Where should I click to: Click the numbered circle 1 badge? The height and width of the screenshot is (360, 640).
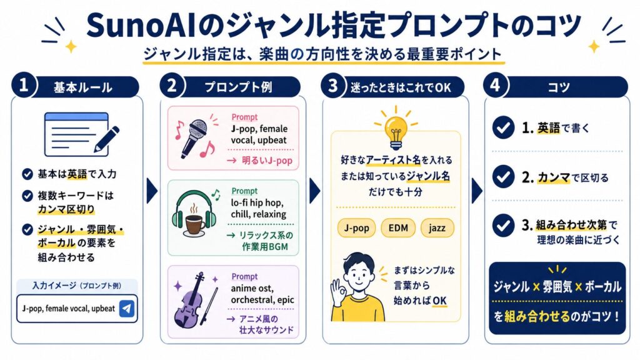pyautogui.click(x=24, y=85)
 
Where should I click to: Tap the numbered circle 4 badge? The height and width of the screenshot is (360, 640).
pyautogui.click(x=495, y=85)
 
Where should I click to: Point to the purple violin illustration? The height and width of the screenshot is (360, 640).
pyautogui.click(x=194, y=301)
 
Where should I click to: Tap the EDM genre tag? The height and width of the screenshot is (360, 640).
pyautogui.click(x=398, y=227)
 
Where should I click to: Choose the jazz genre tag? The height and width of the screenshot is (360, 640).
pyautogui.click(x=437, y=227)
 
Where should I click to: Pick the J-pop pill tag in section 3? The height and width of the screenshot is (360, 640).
pyautogui.click(x=356, y=227)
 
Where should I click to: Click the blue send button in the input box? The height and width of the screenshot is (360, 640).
pyautogui.click(x=127, y=309)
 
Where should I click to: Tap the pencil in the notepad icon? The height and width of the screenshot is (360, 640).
pyautogui.click(x=107, y=139)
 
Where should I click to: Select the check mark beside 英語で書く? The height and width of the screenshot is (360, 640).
pyautogui.click(x=503, y=127)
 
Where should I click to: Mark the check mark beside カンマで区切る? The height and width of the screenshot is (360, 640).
pyautogui.click(x=503, y=177)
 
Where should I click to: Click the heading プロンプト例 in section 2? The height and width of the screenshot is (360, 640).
pyautogui.click(x=238, y=87)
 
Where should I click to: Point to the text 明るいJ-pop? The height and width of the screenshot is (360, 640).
pyautogui.click(x=267, y=161)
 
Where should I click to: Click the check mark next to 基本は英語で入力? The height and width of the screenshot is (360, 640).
pyautogui.click(x=27, y=174)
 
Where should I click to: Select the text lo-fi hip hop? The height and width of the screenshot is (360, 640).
pyautogui.click(x=257, y=203)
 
